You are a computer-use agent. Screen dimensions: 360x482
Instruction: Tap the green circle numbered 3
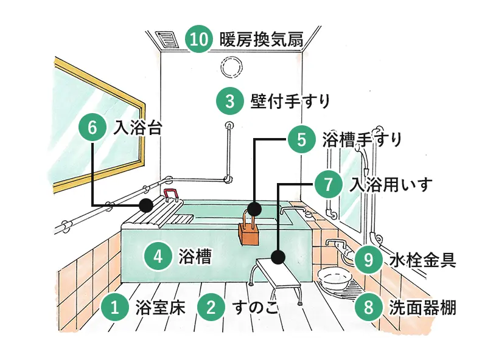coord(229,100)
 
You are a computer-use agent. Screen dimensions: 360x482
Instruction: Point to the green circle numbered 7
coord(329,183)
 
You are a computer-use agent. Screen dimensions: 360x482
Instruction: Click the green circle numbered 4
coord(157,256)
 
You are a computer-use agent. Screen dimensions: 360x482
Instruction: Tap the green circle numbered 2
coord(211,306)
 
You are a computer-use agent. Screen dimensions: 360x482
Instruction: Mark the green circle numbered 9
coord(368,260)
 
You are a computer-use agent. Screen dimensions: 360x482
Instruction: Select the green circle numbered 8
coord(368,306)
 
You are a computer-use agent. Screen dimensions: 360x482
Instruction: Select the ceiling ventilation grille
coord(166,40)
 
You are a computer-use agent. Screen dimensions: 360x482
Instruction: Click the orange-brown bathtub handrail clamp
coord(248,231)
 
